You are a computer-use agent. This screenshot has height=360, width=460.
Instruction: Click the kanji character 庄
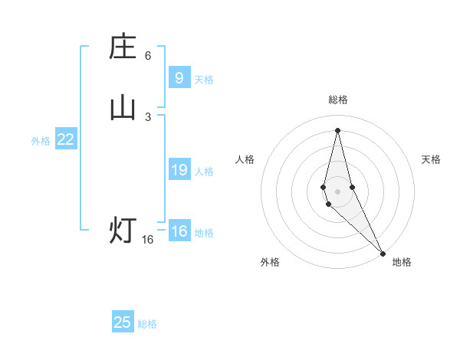point(123,47)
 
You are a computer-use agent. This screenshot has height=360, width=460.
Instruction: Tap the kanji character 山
point(123,108)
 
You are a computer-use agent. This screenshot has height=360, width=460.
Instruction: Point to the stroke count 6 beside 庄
point(148,56)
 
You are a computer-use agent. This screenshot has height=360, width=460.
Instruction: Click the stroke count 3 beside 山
point(148,116)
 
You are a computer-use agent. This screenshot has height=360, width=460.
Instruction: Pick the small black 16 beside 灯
point(148,240)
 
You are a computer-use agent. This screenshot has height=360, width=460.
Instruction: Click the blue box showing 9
point(179,78)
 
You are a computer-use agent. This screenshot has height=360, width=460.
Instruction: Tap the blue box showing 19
point(179,170)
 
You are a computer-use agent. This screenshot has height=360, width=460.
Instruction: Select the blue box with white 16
point(179,231)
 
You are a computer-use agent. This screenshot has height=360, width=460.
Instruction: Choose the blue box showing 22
point(65,139)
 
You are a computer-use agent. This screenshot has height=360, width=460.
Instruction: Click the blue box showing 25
point(123,322)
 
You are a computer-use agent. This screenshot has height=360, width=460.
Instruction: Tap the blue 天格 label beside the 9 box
point(204,80)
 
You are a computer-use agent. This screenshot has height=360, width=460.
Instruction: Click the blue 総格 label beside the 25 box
point(147,324)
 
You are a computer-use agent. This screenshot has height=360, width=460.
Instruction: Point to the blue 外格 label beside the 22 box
point(41,141)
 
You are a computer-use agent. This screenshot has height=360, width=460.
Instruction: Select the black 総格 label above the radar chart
point(337,100)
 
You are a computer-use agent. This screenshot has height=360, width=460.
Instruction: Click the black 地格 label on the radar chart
point(402,262)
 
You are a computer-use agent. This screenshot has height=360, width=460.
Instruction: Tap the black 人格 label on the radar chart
point(245,159)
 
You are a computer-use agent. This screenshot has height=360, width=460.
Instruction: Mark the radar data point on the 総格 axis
point(337,129)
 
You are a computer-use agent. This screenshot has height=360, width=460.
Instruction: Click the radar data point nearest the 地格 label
point(382,252)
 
